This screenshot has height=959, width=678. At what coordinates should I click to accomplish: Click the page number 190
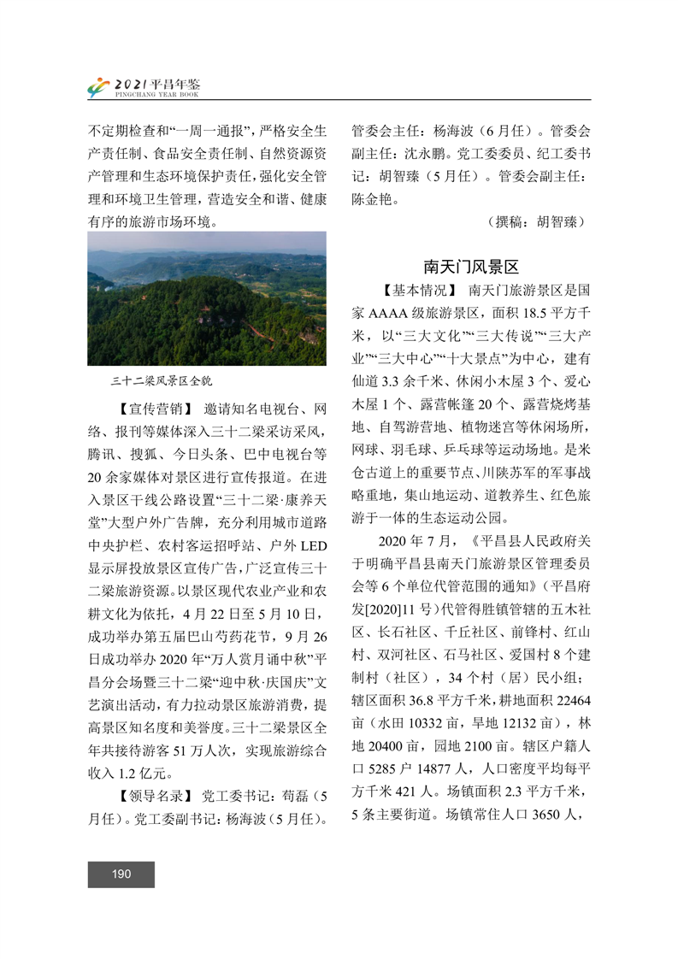pyautogui.click(x=121, y=874)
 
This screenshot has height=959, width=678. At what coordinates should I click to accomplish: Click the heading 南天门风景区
pyautogui.click(x=471, y=267)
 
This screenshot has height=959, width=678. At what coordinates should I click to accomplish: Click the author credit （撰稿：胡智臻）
pyautogui.click(x=535, y=221)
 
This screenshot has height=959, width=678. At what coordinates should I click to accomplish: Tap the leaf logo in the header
pyautogui.click(x=98, y=87)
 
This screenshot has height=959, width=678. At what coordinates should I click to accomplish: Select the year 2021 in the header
pyautogui.click(x=130, y=83)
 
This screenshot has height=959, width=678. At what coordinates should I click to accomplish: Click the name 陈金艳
pyautogui.click(x=373, y=199)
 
